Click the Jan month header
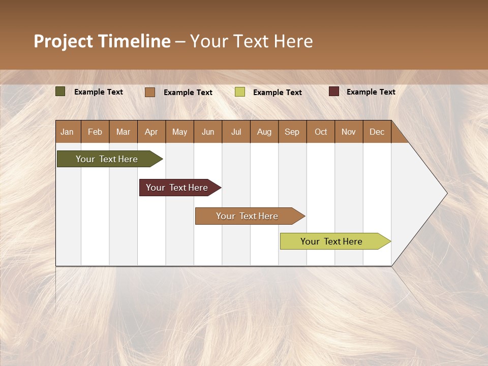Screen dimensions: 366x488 [68, 132]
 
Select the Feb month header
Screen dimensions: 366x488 [95, 132]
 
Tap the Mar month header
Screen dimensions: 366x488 [123, 132]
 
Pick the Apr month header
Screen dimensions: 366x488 [151, 132]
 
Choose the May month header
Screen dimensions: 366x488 [179, 132]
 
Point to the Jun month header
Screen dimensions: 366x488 [208, 132]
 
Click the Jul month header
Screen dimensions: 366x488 [236, 132]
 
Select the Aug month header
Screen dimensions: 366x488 [264, 132]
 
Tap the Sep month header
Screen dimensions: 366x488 [292, 132]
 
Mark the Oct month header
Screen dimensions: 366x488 [321, 132]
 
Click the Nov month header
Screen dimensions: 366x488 [349, 132]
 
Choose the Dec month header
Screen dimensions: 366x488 [377, 132]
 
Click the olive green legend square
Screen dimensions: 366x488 [60, 91]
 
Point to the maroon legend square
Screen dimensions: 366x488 [333, 91]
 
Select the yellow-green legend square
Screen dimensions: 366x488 [240, 92]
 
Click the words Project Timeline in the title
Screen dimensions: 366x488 [102, 41]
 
